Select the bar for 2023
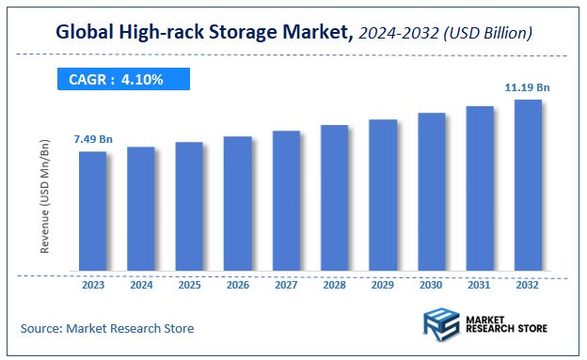[x=92, y=211]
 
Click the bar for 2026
[x=237, y=204]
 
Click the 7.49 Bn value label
[x=92, y=139]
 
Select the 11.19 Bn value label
[x=527, y=87]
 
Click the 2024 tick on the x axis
[x=141, y=285]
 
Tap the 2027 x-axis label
[x=286, y=285]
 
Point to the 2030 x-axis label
[x=431, y=285]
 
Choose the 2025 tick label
[x=189, y=285]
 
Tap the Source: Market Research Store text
[x=107, y=328]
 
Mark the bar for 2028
[x=334, y=199]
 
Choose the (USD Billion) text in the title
[x=491, y=34]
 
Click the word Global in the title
[x=87, y=34]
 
